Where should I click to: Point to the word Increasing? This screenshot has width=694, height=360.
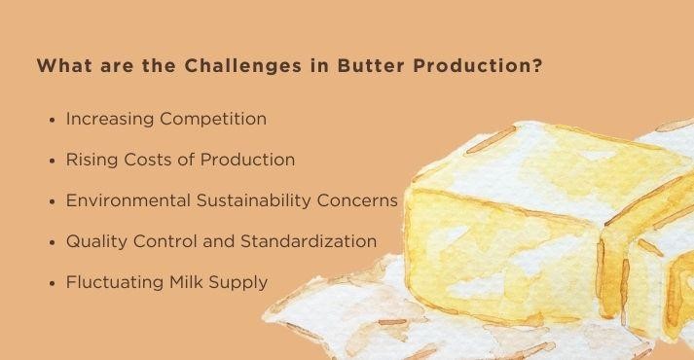coord(109,119)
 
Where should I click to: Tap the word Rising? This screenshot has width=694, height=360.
coord(91,160)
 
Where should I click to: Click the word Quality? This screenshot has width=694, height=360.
coord(95,241)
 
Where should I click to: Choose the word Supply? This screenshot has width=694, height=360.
coord(237,283)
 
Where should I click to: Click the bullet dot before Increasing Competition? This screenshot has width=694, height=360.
coord(52,120)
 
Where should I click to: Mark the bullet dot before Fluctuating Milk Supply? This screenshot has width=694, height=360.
coord(52,283)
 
